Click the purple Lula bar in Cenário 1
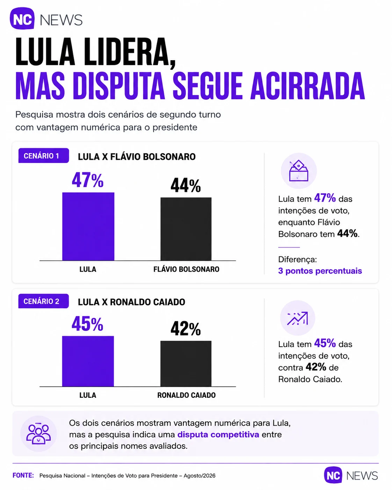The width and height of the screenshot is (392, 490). pos(88,226)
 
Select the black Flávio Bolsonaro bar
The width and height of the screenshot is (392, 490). pos(186,229)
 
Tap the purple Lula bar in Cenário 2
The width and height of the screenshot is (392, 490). pos(88,361)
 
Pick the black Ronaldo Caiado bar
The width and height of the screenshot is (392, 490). pos(186,363)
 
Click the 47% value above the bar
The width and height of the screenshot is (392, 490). pos(88,180)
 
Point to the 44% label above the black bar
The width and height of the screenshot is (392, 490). pos(186,186)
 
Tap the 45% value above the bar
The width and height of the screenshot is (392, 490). pos(87,324)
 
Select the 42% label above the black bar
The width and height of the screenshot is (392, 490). pos(186,329)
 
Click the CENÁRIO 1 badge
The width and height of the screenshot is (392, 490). pos(44,156)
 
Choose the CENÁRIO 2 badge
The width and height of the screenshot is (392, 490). pos(43,301)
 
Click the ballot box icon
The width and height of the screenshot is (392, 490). pos(299,171)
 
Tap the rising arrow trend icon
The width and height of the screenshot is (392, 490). pos(298,318)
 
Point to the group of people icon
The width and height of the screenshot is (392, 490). pos(38,434)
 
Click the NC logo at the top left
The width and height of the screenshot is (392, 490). pos(22,18)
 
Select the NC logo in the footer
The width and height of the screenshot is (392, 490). pos(333,475)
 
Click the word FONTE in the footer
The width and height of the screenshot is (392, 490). pos(23,475)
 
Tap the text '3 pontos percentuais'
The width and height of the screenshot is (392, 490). pos(320,271)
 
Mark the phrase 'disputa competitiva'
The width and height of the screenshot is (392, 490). pos(218,434)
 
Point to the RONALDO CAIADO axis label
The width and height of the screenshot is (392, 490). pos(187,395)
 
